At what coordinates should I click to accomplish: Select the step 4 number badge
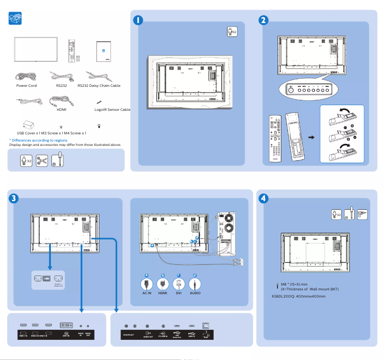click(264, 198)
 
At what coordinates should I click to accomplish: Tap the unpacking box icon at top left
click(15, 18)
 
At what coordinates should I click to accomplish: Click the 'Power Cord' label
click(26, 85)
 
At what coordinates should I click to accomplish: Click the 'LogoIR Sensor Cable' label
click(113, 109)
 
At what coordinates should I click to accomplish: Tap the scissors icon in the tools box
click(42, 160)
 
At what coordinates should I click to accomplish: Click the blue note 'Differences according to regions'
click(38, 140)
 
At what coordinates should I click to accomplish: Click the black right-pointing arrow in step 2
click(312, 137)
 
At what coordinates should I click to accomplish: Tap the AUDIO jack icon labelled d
click(195, 283)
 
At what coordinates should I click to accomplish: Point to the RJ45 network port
click(206, 325)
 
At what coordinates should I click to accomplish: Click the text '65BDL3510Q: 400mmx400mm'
click(299, 296)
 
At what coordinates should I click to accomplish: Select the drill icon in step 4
click(362, 214)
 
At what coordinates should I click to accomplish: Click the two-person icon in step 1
click(231, 32)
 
